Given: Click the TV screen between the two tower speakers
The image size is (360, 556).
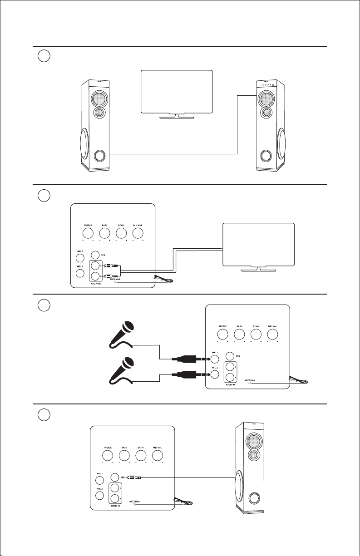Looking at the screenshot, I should (x=177, y=91).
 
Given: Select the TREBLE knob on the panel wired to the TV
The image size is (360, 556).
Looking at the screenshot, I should (x=88, y=233).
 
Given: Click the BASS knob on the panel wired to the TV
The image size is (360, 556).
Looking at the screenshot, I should (x=104, y=233).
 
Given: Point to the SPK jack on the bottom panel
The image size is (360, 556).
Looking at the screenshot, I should (x=115, y=477).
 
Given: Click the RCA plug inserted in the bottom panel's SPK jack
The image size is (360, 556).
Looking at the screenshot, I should (x=135, y=477).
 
